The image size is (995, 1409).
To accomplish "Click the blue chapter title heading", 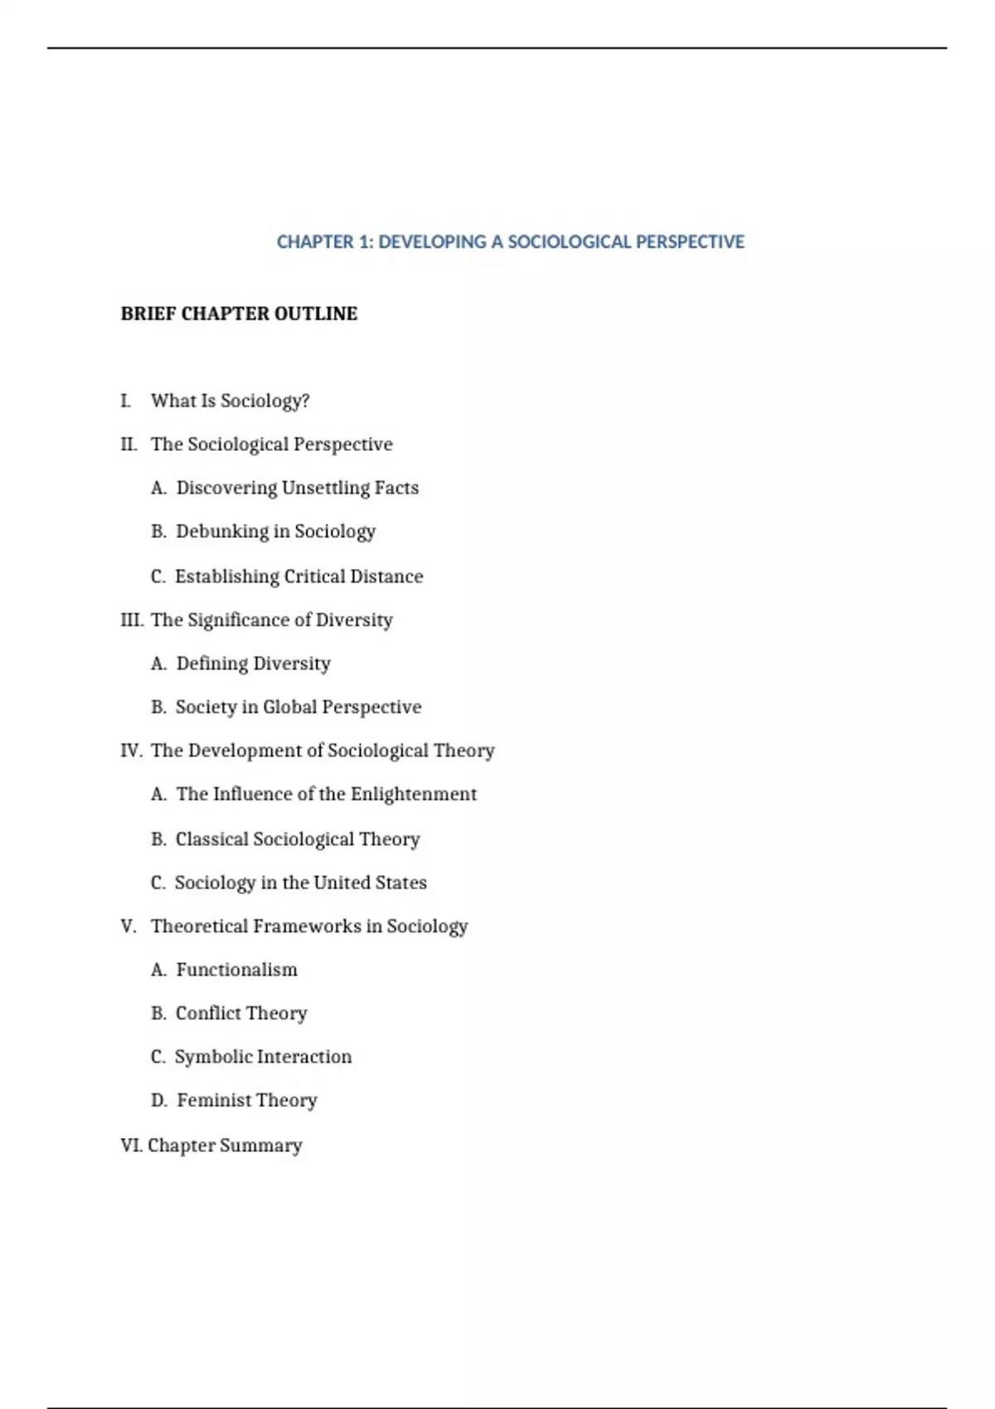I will click(x=510, y=242).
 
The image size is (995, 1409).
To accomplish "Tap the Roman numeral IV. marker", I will click(x=131, y=751).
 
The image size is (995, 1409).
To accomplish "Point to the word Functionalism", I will click(x=236, y=970).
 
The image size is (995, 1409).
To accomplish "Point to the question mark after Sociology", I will click(x=305, y=401).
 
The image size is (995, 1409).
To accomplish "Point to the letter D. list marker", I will click(x=158, y=1101).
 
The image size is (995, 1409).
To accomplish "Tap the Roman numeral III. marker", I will click(x=132, y=620).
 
